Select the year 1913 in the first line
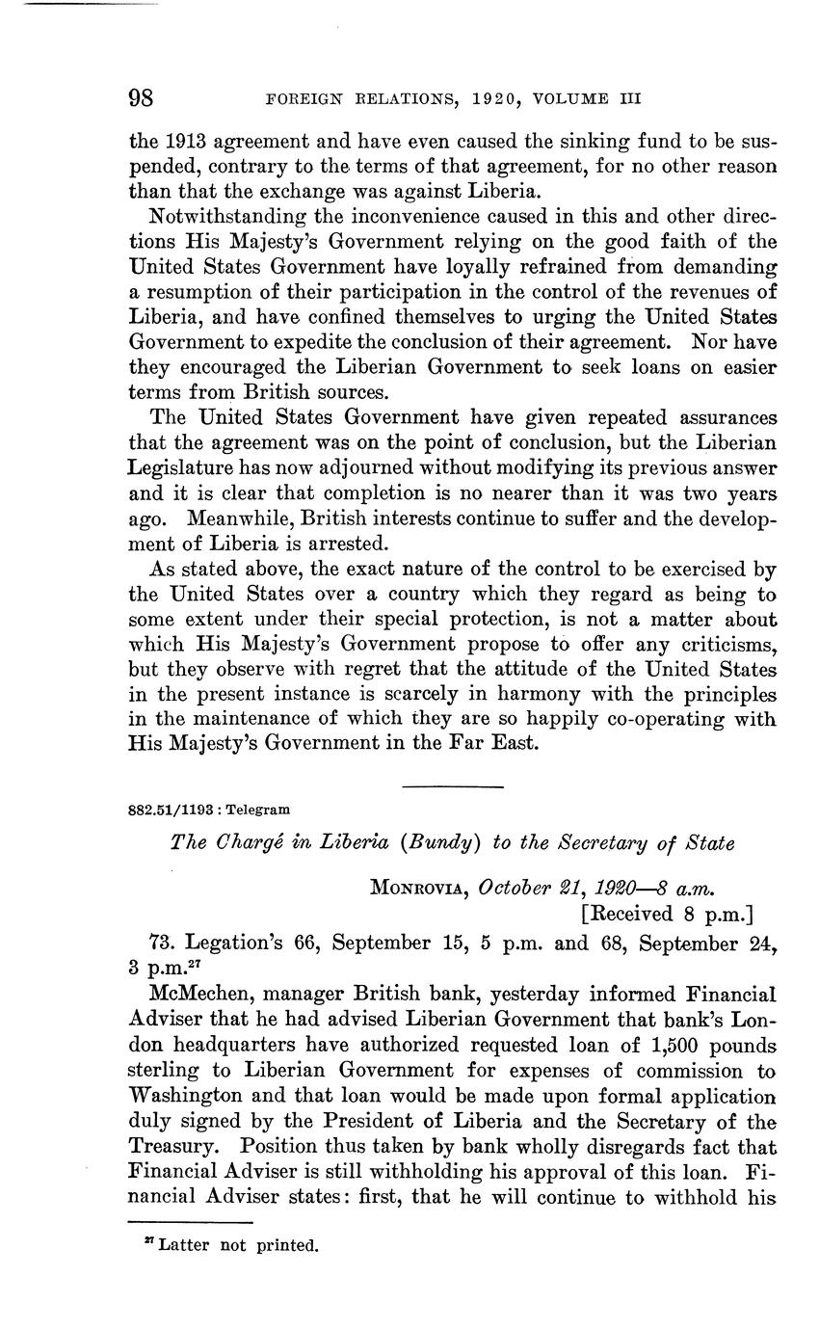click(x=179, y=141)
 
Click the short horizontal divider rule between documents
click(x=453, y=788)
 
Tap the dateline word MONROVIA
click(x=414, y=887)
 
